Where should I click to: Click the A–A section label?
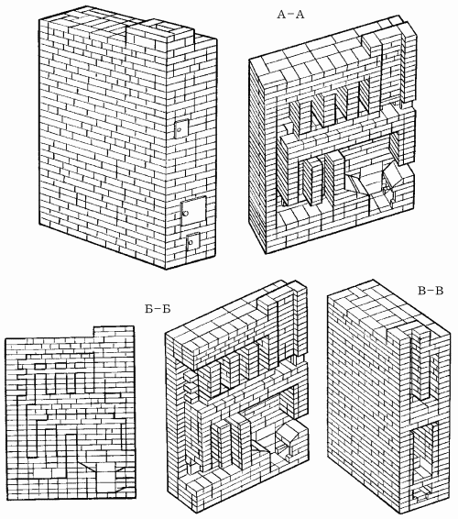290,15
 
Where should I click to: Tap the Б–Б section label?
158,309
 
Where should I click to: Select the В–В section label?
431,291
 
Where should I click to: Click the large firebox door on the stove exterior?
193,211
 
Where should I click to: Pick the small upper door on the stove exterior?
181,128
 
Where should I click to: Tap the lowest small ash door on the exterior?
192,243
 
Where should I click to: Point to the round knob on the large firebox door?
185,213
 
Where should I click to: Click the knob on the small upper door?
179,130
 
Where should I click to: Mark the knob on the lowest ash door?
190,243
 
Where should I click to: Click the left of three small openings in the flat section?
40,367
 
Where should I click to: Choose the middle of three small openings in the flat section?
60,367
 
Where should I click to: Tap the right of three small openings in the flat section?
81,367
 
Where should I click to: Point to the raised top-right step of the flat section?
114,332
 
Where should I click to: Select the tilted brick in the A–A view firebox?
394,173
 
